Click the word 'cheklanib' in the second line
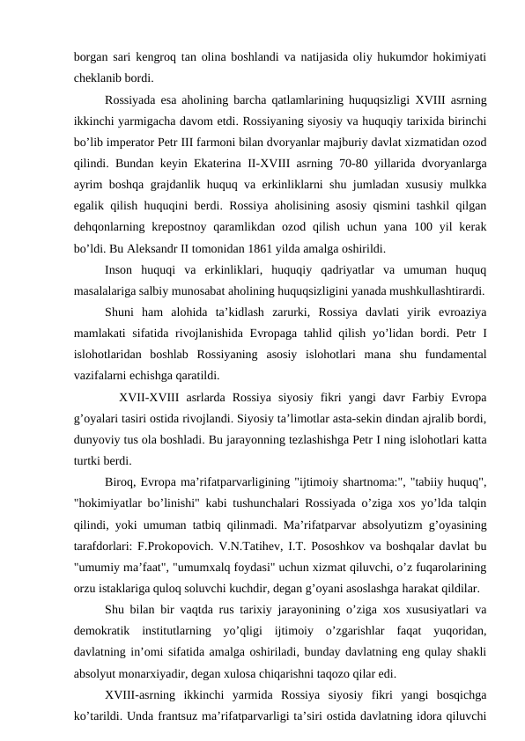(100, 77)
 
